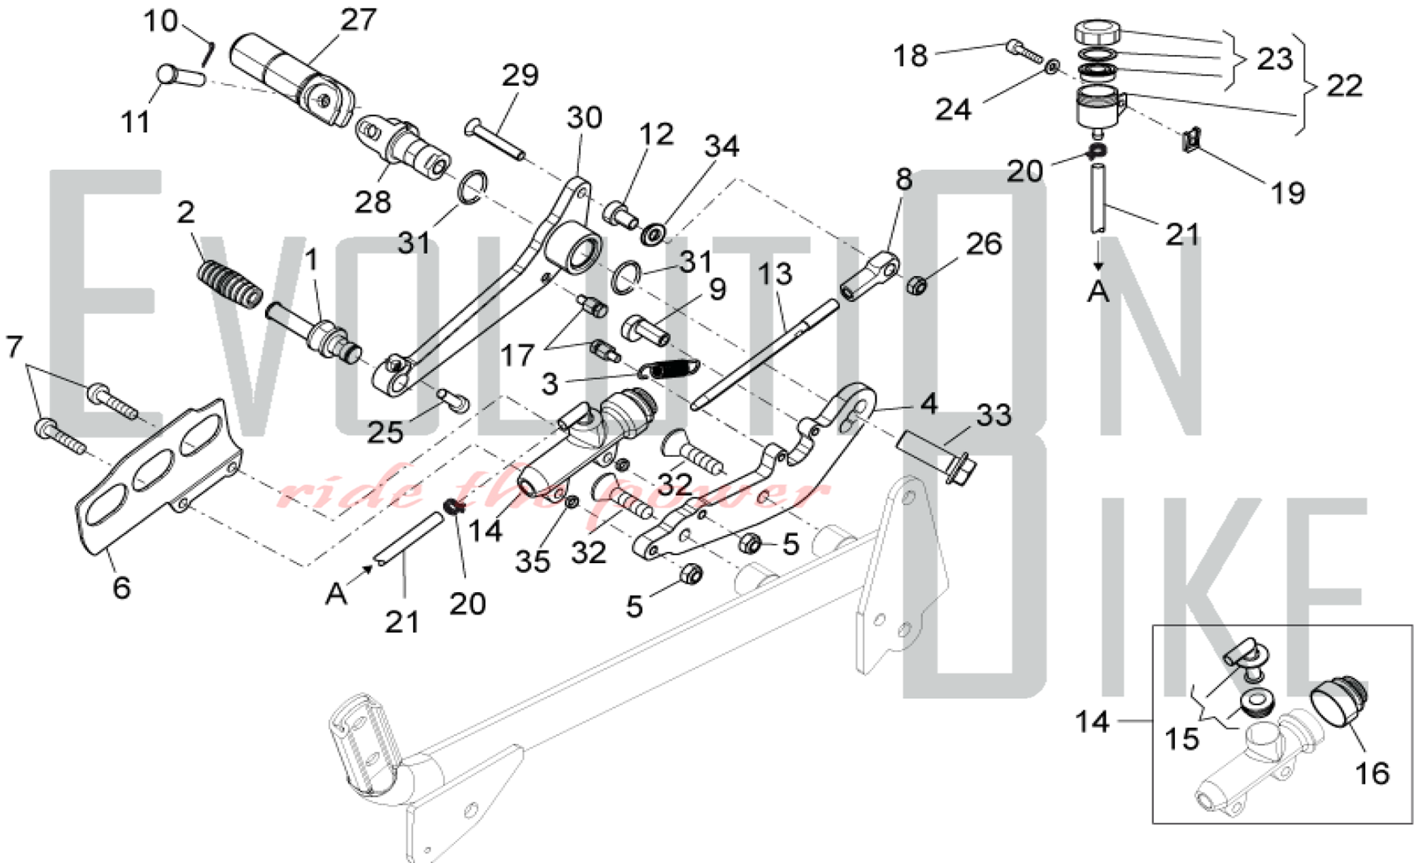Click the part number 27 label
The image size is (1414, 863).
click(x=358, y=20)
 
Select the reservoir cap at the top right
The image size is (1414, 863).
click(x=1098, y=33)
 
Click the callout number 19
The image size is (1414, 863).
click(x=1287, y=192)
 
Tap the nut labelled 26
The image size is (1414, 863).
click(x=918, y=286)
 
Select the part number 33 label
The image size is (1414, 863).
click(x=993, y=415)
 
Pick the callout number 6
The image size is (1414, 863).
click(x=122, y=587)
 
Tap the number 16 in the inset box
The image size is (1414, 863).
click(x=1372, y=773)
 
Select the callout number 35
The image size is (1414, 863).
click(x=532, y=561)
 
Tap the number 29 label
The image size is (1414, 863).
click(x=520, y=75)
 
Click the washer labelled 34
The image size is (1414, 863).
click(x=652, y=233)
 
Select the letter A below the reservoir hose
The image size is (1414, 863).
click(x=1098, y=291)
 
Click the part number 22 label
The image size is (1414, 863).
click(x=1344, y=86)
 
